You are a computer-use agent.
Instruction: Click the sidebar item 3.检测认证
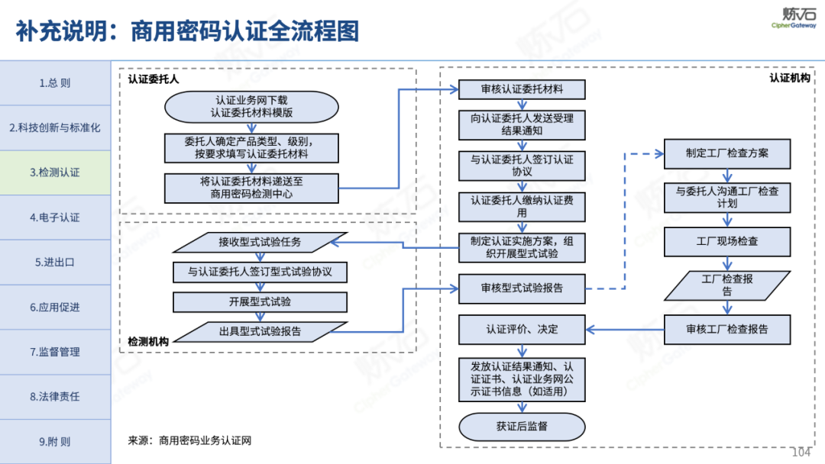tap(55, 172)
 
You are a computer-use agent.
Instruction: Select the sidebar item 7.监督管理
tap(55, 352)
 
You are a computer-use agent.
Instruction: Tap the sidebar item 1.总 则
tap(55, 83)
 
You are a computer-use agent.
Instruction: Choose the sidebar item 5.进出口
tap(55, 262)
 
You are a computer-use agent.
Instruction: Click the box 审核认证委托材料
tap(522, 89)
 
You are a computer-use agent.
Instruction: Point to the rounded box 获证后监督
tap(522, 427)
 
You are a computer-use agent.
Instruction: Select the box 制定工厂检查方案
tap(726, 153)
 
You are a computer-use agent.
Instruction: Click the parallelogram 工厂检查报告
tap(726, 285)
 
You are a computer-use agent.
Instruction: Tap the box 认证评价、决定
tap(522, 330)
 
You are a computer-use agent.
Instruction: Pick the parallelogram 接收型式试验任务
tap(260, 243)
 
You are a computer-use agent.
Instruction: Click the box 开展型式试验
tap(260, 301)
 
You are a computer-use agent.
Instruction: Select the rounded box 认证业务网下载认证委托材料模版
tap(251, 106)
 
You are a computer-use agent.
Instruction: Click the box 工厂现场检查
tap(726, 241)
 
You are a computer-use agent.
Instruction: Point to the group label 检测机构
tap(148, 341)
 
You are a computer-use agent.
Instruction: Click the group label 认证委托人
tap(153, 79)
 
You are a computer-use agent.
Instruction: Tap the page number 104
tap(802, 452)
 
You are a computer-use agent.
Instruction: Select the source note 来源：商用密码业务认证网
tap(189, 440)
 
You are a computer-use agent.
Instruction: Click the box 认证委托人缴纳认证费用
tap(522, 206)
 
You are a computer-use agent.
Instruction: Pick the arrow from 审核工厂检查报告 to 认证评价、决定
tap(624, 330)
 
